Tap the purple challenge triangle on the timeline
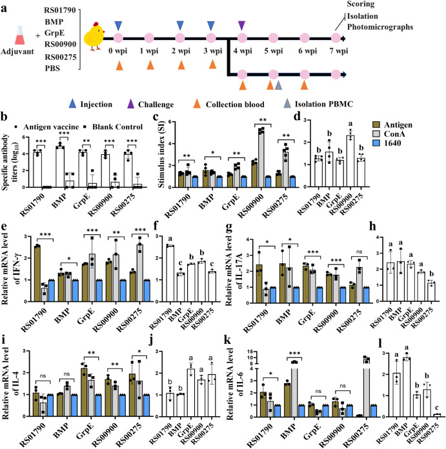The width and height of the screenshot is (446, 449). point(241,25)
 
